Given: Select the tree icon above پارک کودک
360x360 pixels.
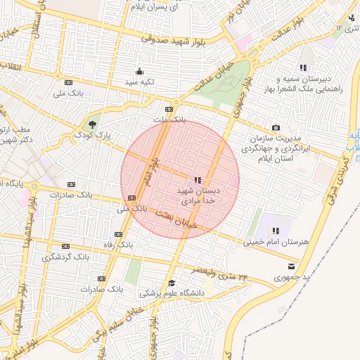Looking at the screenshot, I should pyautogui.click(x=93, y=122).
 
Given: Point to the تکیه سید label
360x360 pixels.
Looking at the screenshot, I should pyautogui.click(x=140, y=82).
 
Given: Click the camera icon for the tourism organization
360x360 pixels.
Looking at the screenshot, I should pyautogui.click(x=276, y=127).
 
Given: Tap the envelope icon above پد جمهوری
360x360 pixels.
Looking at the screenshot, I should pyautogui.click(x=291, y=266).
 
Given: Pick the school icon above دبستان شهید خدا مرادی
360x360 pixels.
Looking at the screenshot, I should pyautogui.click(x=198, y=180).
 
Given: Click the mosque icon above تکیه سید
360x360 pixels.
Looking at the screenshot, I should pyautogui.click(x=139, y=71).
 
